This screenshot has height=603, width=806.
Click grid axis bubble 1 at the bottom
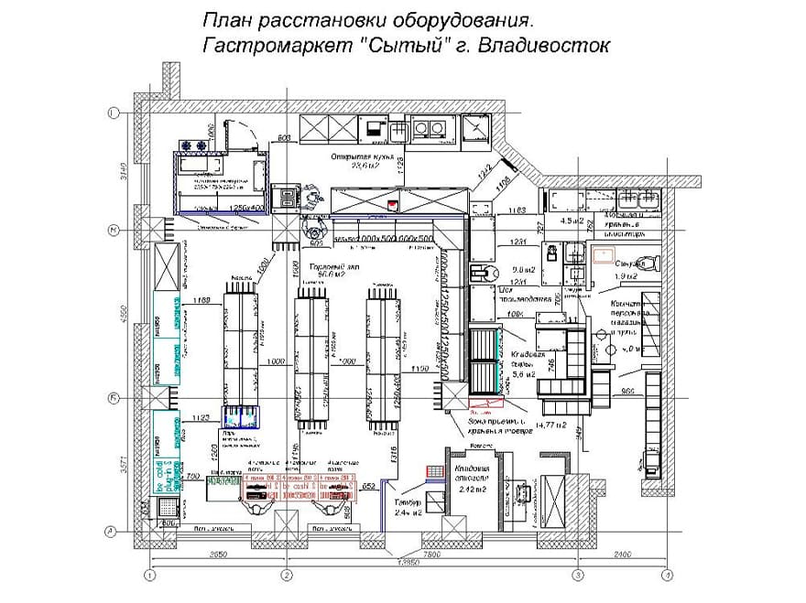pyautogui.click(x=150, y=575)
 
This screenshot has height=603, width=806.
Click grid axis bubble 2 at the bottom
pyautogui.click(x=286, y=575)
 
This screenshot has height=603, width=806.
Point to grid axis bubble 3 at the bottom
pyautogui.click(x=578, y=575)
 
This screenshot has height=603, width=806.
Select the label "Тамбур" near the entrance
pyautogui.click(x=407, y=502)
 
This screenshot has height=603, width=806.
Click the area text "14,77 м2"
pyautogui.click(x=553, y=425)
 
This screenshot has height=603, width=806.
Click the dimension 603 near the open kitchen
pyautogui.click(x=284, y=138)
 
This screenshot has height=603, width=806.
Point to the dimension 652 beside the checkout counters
pyautogui.click(x=368, y=485)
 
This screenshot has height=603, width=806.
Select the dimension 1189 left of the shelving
pyautogui.click(x=202, y=300)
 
